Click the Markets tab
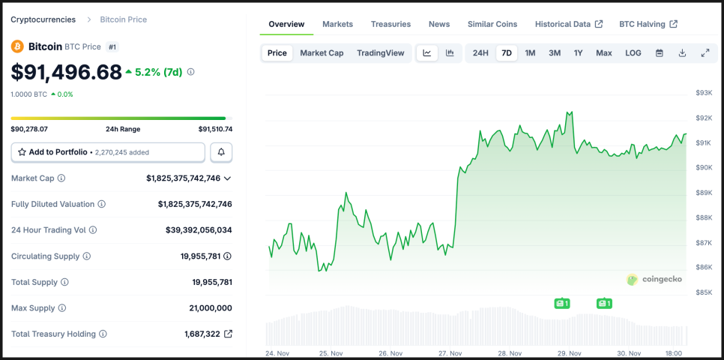point(337,24)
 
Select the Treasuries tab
point(390,24)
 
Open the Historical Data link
point(568,24)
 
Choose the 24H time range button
point(480,53)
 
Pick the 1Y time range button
point(578,53)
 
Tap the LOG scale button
point(633,53)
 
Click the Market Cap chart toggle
point(322,53)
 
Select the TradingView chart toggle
point(380,53)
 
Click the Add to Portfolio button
point(108,152)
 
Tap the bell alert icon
point(221,152)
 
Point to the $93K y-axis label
point(704,93)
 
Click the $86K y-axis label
point(704,267)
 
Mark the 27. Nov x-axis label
point(452,353)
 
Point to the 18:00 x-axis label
point(673,353)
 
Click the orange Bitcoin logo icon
point(17,46)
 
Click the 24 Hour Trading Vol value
point(199,230)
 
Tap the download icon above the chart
point(682,53)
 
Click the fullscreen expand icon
point(705,53)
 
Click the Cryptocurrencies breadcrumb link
point(43,19)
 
